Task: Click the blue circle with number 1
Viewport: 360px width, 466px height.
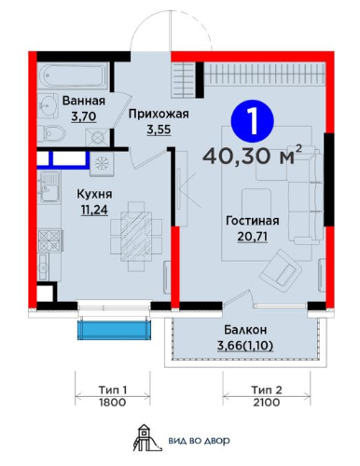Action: pos(247,119)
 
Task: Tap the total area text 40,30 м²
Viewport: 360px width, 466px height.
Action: pos(251,153)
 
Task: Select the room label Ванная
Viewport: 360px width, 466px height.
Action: pos(83,100)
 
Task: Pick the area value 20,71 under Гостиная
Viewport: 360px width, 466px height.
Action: pos(252,236)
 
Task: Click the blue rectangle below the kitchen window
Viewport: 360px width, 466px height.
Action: pos(114,330)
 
